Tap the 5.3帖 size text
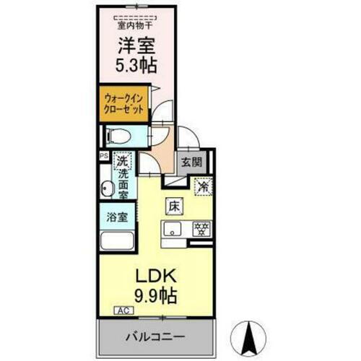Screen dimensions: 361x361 pyautogui.click(x=136, y=66)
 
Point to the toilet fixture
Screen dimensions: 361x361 pyautogui.click(x=117, y=136)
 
